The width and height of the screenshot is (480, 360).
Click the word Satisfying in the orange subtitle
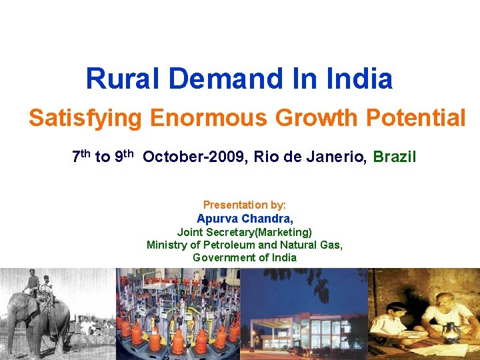(85, 119)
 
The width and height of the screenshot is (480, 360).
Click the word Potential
(419, 119)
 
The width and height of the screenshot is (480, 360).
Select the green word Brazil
(395, 157)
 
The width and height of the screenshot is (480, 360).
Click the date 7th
(81, 157)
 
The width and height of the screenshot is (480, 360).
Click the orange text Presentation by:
(245, 205)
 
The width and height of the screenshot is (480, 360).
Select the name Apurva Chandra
(245, 219)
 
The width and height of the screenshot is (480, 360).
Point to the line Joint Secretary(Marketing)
(245, 232)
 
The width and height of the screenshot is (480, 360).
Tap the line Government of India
(245, 257)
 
